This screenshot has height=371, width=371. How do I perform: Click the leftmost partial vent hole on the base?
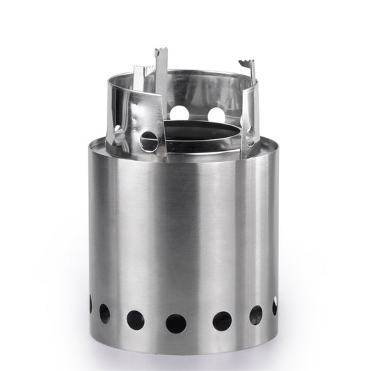point(90,303)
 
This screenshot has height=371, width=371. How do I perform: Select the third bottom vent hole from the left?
point(135,319)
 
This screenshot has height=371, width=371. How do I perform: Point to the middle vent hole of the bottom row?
point(176,324)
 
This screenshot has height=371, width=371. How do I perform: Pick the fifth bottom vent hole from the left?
point(222,320)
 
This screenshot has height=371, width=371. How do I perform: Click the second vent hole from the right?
point(255,315)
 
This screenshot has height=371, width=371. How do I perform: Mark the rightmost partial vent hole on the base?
point(275,306)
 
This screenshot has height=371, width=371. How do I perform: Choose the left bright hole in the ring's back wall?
point(180,111)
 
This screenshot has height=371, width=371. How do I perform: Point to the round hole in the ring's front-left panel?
point(149,141)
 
